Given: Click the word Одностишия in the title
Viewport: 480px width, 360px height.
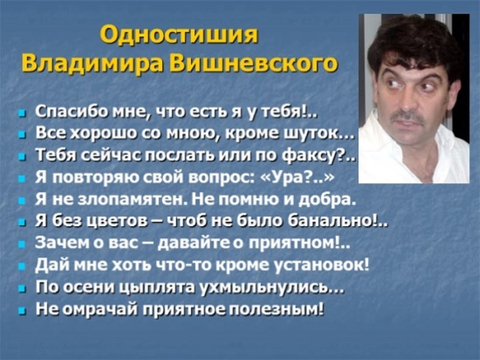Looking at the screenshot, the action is coord(179,35).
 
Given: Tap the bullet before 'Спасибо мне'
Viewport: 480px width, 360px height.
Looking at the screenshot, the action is coord(21,114).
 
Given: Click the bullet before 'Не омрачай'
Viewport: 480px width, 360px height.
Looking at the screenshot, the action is coord(21,311).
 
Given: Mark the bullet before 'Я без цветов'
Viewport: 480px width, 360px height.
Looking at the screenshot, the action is coord(21,223).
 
